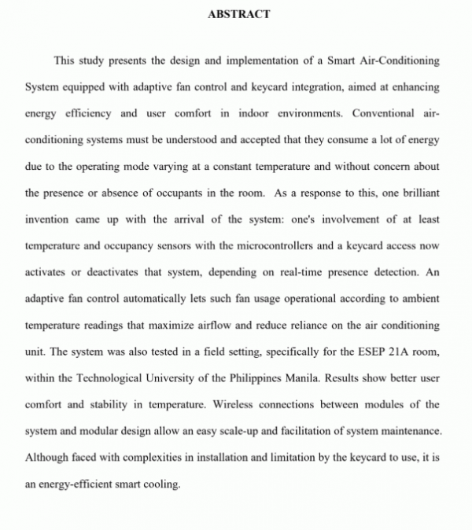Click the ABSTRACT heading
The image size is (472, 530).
240,13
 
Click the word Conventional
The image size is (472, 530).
383,112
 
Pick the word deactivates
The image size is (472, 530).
109,272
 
